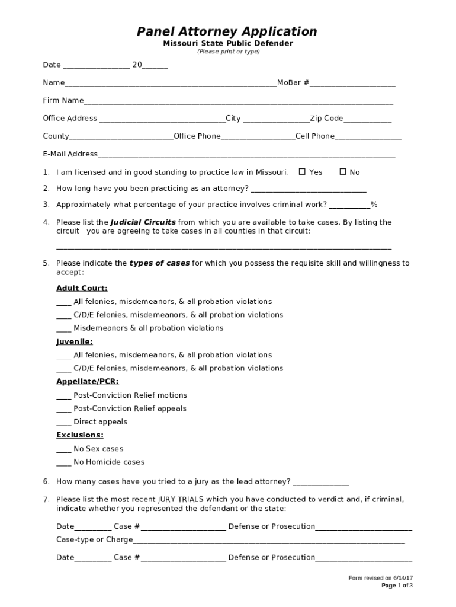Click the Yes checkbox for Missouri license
pyautogui.click(x=302, y=172)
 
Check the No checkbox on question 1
pyautogui.click(x=343, y=172)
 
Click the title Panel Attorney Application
pyautogui.click(x=227, y=31)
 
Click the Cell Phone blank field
pyautogui.click(x=368, y=137)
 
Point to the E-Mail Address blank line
pyautogui.click(x=246, y=155)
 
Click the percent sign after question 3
pyautogui.click(x=374, y=205)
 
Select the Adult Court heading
pyautogui.click(x=82, y=288)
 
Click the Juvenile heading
pyautogui.click(x=75, y=341)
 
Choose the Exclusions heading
pyautogui.click(x=80, y=435)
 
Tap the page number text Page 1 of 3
pyautogui.click(x=397, y=586)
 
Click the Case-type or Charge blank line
pyautogui.click(x=269, y=541)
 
